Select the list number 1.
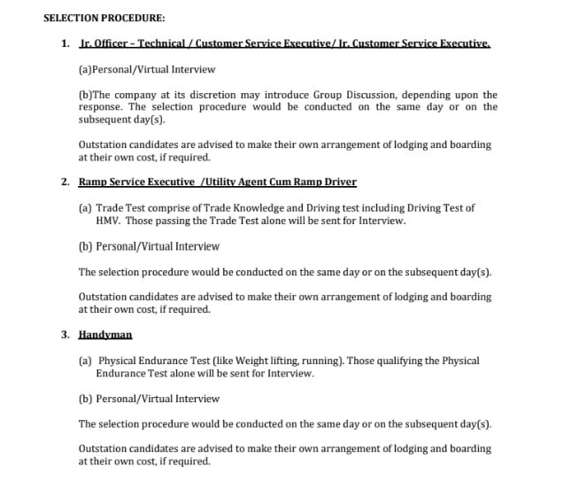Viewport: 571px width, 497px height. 65,43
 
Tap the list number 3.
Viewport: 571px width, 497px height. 65,335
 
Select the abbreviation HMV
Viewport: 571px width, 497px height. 108,221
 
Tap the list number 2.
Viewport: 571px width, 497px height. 65,182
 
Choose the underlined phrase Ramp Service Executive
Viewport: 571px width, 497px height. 136,182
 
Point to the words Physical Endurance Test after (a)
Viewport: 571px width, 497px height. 155,361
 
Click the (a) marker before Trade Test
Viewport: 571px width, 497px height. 85,208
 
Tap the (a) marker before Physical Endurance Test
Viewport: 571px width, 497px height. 85,361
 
